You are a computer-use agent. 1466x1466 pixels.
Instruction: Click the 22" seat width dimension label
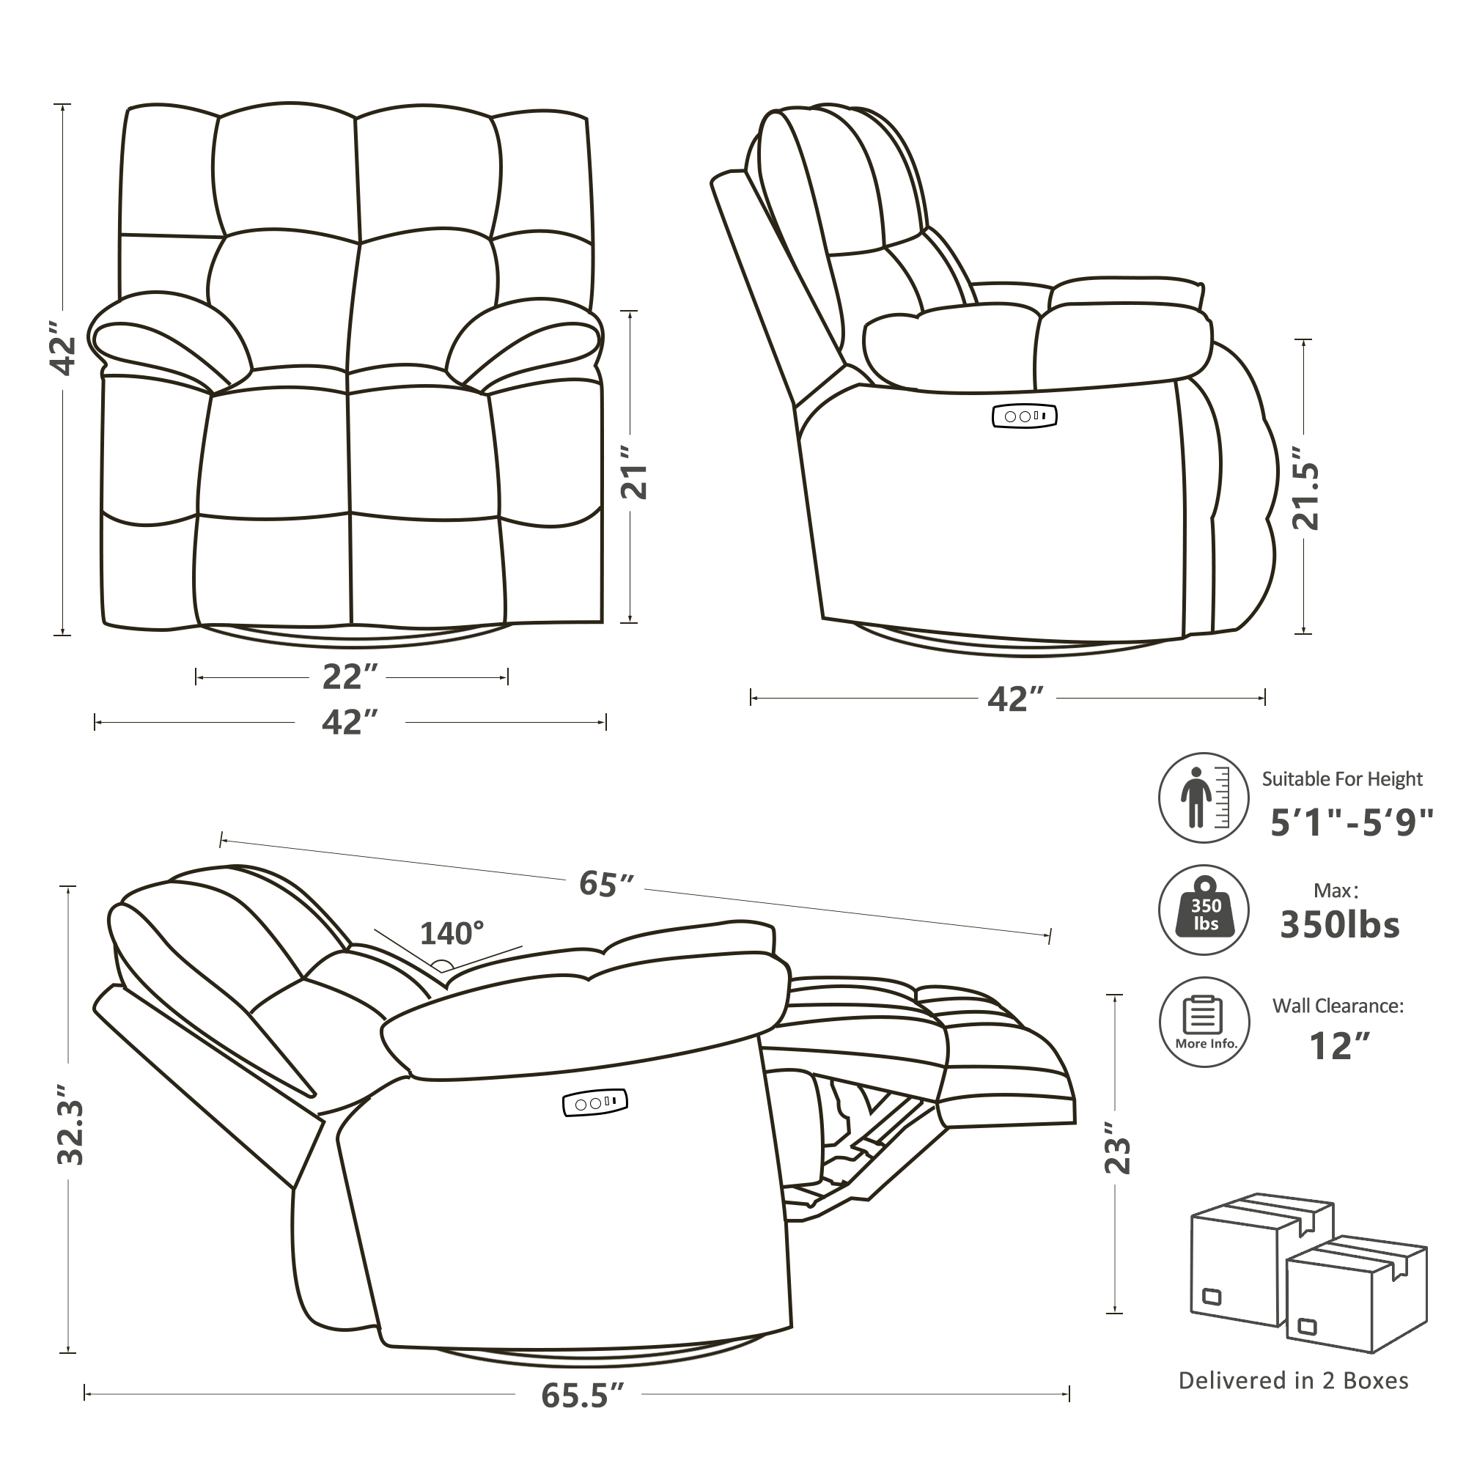click(x=350, y=677)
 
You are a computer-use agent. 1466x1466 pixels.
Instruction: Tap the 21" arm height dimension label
click(x=634, y=471)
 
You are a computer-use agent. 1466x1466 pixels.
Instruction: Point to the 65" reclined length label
click(x=605, y=883)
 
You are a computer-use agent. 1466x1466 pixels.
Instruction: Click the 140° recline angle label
click(x=452, y=933)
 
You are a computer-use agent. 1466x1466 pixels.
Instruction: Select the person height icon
click(x=1204, y=798)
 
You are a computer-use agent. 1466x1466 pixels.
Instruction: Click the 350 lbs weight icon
click(x=1204, y=910)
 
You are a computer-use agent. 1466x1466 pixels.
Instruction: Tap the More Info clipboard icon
click(x=1204, y=1021)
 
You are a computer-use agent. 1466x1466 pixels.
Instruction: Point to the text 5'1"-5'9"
click(x=1352, y=822)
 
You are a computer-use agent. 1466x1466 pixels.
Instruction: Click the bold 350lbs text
click(x=1339, y=925)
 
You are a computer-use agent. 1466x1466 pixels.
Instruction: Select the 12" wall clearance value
click(x=1340, y=1047)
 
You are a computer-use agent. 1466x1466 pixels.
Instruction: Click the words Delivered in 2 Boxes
click(x=1293, y=1380)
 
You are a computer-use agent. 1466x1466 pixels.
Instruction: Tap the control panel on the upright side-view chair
click(x=1025, y=416)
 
